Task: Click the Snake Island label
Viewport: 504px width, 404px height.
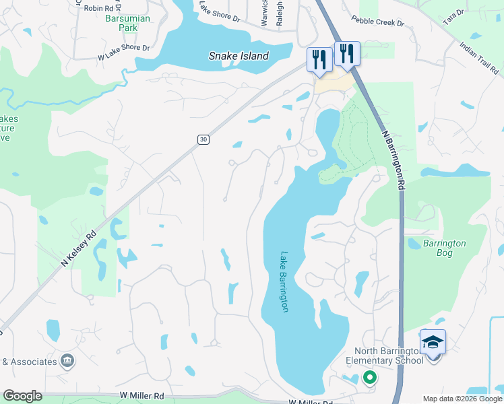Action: click(239, 57)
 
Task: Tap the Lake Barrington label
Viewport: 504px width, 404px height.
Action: click(284, 281)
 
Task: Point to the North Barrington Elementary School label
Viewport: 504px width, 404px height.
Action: click(385, 355)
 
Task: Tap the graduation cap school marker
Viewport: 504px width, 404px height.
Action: click(433, 343)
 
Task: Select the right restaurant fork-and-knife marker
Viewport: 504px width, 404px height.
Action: click(347, 53)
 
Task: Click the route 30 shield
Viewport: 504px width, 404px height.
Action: click(203, 139)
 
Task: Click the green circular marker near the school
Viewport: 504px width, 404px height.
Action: click(369, 378)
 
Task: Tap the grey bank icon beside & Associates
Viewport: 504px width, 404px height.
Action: click(67, 362)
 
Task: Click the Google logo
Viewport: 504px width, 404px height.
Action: click(22, 396)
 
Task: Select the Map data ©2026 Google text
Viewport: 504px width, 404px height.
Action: click(462, 399)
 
